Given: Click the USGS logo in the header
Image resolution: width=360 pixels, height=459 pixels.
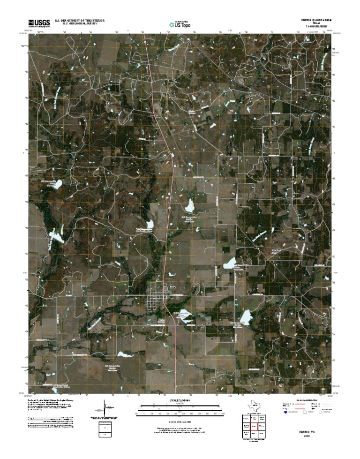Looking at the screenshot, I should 39,22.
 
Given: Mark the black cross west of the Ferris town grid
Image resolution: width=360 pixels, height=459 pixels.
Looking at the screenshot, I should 130,273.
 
